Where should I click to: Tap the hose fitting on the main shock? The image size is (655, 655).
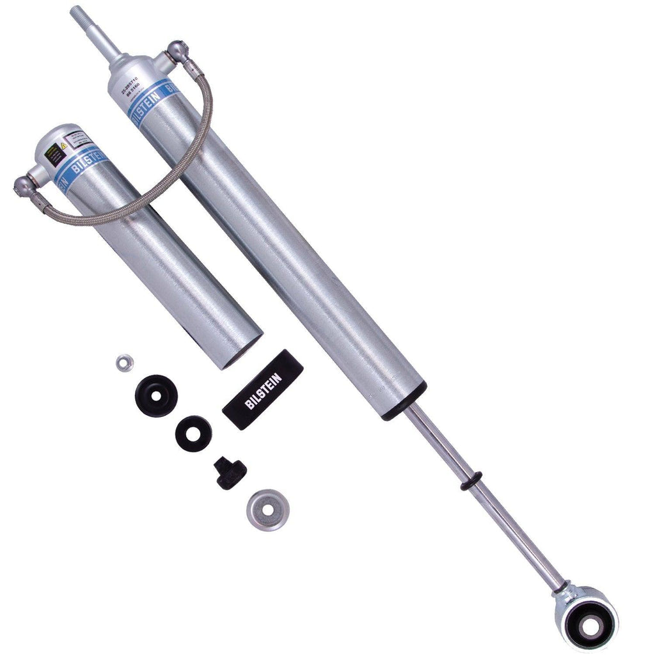pos(175,52)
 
